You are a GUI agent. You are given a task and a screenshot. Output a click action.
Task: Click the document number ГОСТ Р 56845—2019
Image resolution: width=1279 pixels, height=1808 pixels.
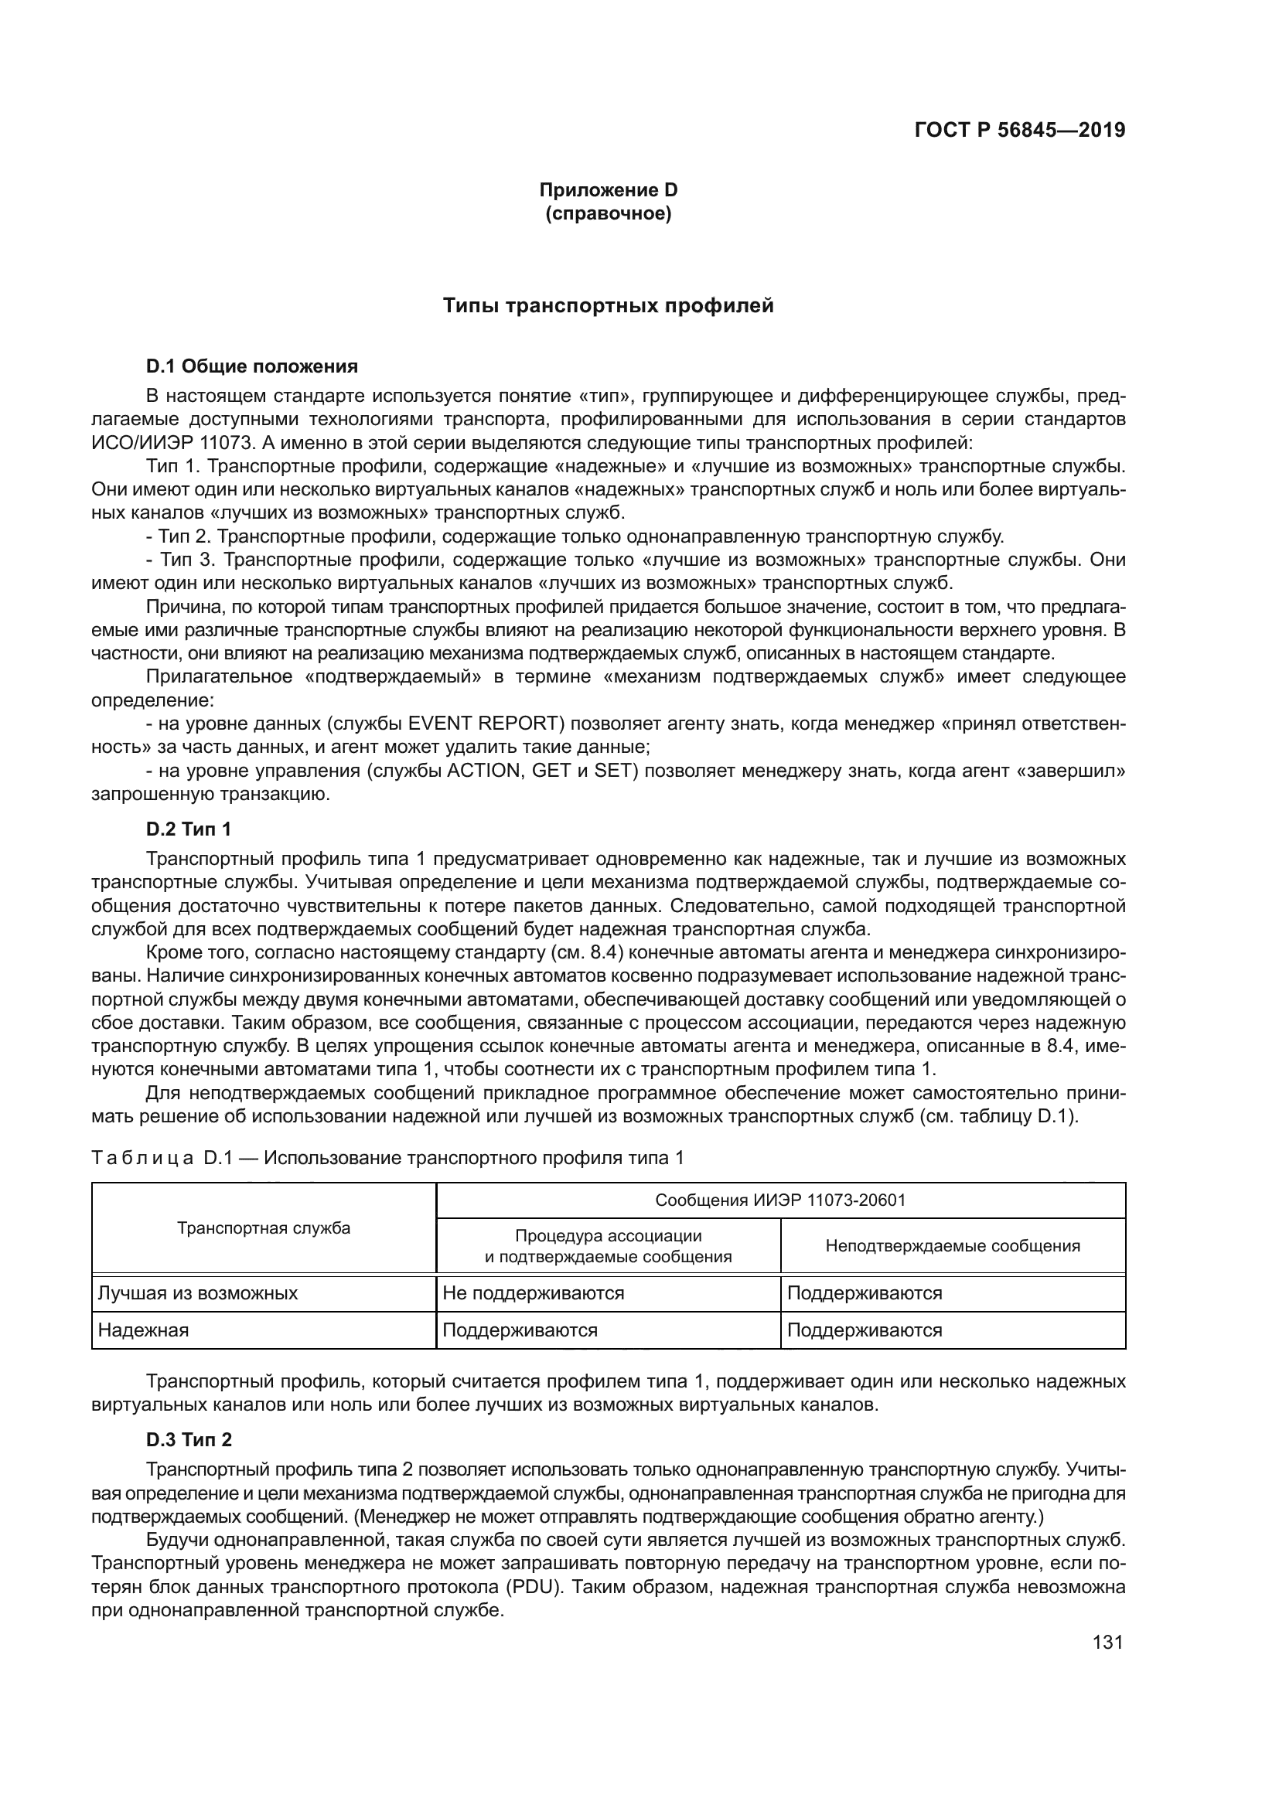pos(1019,130)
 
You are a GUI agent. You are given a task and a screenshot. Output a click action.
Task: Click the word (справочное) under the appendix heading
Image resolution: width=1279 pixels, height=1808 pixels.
pos(608,213)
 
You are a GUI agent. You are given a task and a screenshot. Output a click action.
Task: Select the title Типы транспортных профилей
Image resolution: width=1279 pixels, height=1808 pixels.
pos(608,305)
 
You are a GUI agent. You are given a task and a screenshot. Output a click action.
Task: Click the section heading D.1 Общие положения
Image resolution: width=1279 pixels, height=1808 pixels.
pos(252,366)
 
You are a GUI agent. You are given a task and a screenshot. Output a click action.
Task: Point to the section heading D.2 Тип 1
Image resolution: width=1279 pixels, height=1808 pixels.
pos(189,829)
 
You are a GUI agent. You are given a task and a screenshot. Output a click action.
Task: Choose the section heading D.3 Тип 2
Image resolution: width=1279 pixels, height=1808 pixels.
pos(189,1439)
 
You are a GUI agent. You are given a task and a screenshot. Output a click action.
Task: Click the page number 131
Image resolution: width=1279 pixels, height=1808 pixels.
pos(1107,1642)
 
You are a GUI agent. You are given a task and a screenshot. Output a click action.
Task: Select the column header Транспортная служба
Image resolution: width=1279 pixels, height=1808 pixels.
pos(264,1227)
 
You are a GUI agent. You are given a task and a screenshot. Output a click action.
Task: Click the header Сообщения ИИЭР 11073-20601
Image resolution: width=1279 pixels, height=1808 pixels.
pos(779,1200)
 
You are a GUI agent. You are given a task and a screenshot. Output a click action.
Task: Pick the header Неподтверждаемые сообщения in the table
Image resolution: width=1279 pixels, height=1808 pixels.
pos(952,1246)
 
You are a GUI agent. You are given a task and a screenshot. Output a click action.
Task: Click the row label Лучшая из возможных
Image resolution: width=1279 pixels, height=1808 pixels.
pos(198,1293)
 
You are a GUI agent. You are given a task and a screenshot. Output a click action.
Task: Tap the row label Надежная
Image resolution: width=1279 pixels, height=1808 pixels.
pos(143,1330)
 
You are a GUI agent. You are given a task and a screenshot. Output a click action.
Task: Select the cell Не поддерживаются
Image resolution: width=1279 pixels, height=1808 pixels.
pos(534,1293)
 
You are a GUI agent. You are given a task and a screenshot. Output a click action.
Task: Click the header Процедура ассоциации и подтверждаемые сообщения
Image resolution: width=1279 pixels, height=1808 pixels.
pos(608,1246)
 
